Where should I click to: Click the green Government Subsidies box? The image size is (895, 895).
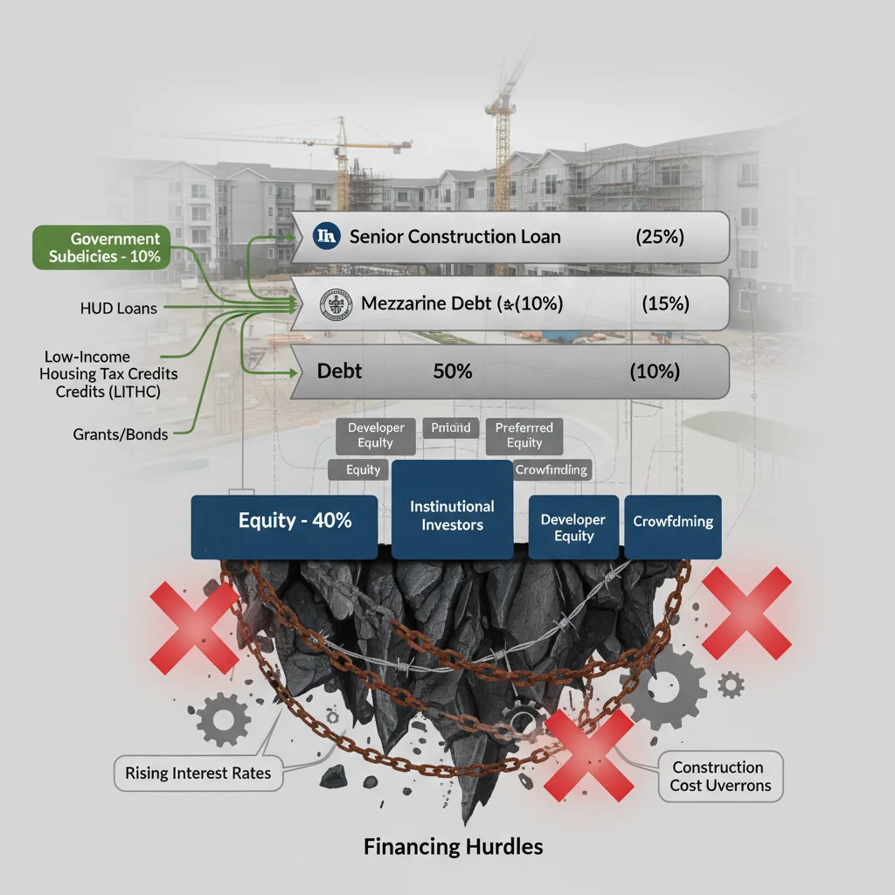(x=103, y=246)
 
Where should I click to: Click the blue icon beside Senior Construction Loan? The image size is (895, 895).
(x=324, y=236)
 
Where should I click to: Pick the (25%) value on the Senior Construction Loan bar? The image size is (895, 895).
(x=656, y=237)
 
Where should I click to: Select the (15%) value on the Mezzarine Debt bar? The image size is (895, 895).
(x=665, y=304)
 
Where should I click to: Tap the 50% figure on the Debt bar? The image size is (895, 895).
(x=452, y=371)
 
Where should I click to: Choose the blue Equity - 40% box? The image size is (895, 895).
(x=284, y=526)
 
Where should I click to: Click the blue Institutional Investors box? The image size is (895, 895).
(x=452, y=515)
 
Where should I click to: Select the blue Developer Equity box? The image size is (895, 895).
(x=572, y=527)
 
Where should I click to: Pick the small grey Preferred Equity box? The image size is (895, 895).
(x=524, y=435)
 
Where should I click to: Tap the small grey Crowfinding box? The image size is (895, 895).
(x=551, y=469)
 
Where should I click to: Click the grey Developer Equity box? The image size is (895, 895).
(x=376, y=435)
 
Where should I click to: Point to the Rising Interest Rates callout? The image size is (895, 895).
(x=198, y=773)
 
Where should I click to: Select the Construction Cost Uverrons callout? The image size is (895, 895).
(x=720, y=776)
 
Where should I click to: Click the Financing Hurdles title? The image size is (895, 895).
(x=452, y=846)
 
